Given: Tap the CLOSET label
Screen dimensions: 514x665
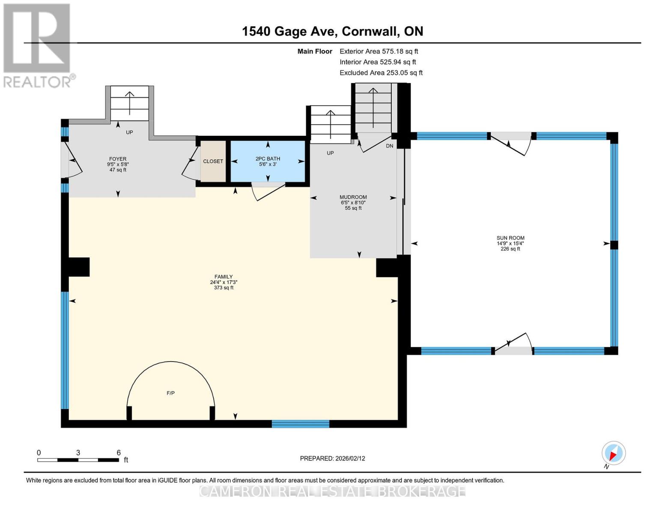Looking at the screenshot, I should (213, 161).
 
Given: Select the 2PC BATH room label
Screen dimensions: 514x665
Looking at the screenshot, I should (268, 159).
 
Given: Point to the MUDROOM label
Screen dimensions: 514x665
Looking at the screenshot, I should (353, 197).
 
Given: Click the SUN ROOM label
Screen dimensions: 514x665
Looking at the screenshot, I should (510, 238).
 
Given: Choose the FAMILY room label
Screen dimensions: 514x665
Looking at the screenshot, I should (224, 277).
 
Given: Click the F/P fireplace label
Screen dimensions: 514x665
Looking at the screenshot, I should (170, 393).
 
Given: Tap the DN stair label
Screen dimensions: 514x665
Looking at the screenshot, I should (389, 146).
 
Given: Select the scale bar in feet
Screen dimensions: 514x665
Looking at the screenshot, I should (78, 460).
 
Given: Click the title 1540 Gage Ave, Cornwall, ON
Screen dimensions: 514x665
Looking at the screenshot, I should (332, 31).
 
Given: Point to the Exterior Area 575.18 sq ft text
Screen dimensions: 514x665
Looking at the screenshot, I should (379, 51).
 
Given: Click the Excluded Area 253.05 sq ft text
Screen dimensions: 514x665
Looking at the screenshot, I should (381, 73).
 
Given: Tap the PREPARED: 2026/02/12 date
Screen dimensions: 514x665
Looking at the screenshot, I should (332, 458).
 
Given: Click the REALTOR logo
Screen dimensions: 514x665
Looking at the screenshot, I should (38, 45).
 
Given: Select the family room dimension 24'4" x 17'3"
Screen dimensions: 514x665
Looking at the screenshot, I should (224, 283).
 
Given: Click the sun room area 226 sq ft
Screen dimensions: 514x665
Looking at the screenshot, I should (510, 249).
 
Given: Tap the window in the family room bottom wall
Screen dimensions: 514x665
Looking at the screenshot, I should (300, 424).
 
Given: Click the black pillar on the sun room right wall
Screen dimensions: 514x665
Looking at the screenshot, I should (614, 245).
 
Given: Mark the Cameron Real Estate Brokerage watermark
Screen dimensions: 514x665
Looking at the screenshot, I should (332, 491).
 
